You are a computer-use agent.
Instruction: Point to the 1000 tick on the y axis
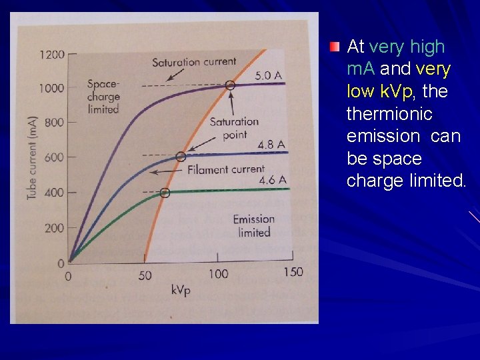click(x=51, y=88)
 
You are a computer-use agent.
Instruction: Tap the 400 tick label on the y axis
click(x=54, y=193)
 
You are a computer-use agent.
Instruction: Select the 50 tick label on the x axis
click(x=145, y=273)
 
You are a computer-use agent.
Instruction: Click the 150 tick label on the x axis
click(x=292, y=271)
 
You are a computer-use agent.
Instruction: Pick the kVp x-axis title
click(x=180, y=290)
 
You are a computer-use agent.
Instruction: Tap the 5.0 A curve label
click(x=269, y=75)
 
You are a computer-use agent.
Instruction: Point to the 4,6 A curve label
click(x=273, y=180)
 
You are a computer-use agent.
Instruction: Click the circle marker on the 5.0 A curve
click(x=230, y=85)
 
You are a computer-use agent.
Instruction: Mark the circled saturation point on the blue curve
click(x=180, y=157)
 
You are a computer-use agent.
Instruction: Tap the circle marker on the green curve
click(x=165, y=193)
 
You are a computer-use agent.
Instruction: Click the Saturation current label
click(x=194, y=62)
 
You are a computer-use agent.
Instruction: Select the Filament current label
click(x=225, y=169)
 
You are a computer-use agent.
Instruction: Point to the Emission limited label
click(x=253, y=225)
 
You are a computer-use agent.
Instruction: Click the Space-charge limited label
click(x=103, y=96)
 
